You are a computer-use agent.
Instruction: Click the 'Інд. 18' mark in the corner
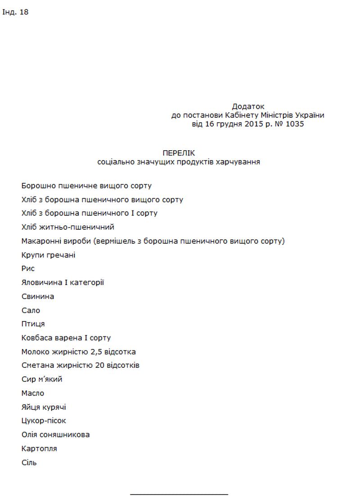tap(15, 12)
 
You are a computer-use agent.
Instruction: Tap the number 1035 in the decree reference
tap(294, 124)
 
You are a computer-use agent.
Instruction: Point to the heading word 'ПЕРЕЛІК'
tap(179, 153)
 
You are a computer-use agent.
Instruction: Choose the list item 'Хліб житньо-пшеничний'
tap(67, 227)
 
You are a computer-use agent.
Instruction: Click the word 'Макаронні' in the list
tap(40, 241)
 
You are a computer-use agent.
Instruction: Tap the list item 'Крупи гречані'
tap(48, 255)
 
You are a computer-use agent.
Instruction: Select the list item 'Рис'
tap(28, 268)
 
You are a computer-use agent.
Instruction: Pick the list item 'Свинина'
tap(38, 296)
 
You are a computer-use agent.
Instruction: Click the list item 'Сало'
tap(31, 310)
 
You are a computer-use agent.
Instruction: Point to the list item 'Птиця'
tap(33, 324)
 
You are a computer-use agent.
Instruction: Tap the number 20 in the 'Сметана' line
tap(100, 365)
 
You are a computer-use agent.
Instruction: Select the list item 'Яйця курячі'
tap(44, 407)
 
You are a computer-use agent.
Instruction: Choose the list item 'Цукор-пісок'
tap(44, 421)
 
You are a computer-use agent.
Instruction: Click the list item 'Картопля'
tap(39, 449)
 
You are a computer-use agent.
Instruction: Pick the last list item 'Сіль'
tap(29, 462)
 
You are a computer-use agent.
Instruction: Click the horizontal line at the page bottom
tap(179, 494)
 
